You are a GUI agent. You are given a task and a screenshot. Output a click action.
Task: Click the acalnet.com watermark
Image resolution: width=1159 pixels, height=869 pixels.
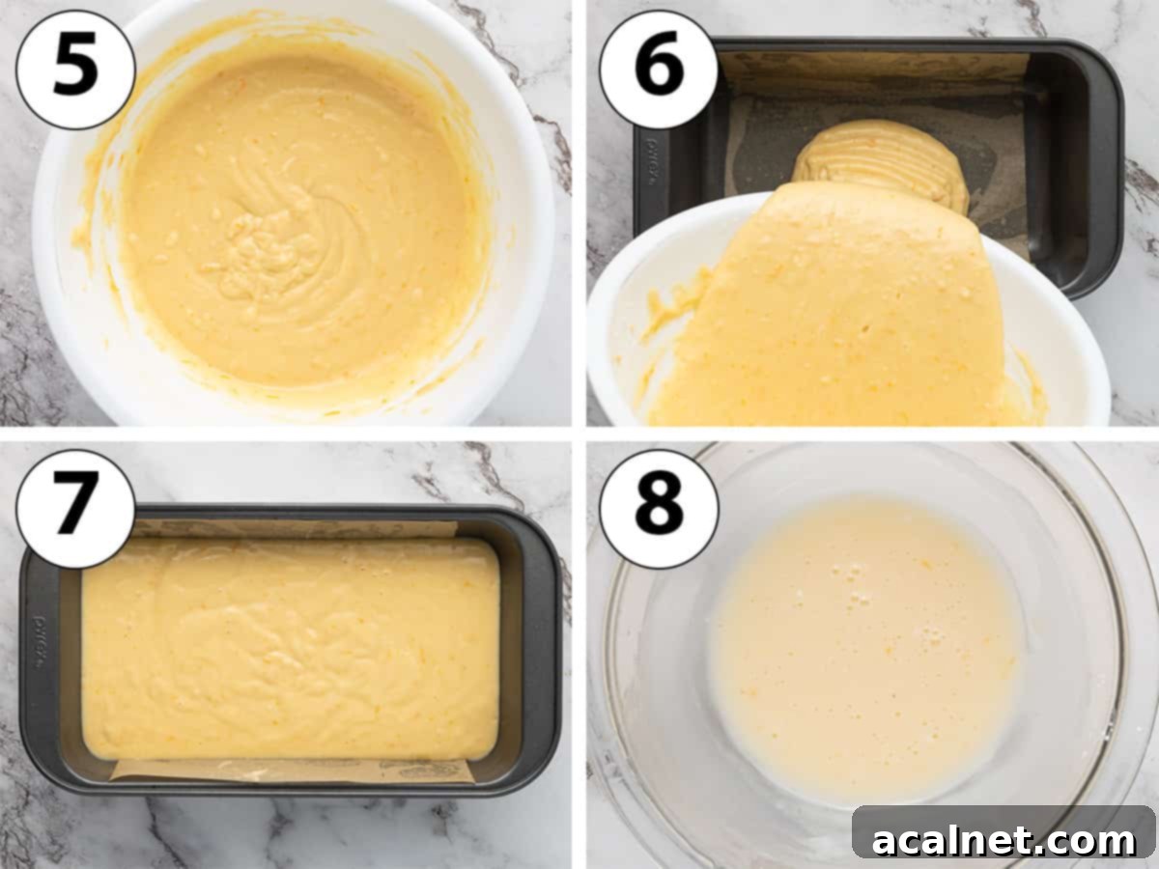click(x=1004, y=840)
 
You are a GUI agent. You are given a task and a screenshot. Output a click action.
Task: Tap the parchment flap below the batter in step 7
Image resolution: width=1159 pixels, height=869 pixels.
click(x=290, y=771)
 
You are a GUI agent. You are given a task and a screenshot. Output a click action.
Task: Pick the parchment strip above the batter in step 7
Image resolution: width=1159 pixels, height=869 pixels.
click(x=290, y=528)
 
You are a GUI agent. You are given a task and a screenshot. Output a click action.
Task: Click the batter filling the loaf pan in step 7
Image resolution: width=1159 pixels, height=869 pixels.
click(x=290, y=647)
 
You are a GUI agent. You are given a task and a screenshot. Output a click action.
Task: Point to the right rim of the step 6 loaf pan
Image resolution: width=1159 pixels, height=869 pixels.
click(x=1106, y=164)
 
